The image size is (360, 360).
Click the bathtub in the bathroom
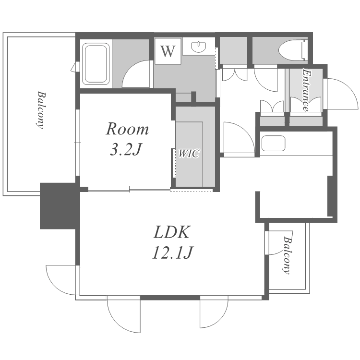(x=96, y=64)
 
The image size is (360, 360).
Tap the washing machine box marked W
(x=168, y=51)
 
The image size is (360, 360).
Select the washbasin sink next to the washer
(x=198, y=47)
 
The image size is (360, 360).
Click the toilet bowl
(x=289, y=51)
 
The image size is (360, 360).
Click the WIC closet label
(x=189, y=154)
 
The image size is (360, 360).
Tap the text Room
(x=127, y=129)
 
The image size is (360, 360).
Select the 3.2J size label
(x=125, y=149)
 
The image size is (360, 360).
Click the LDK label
(x=172, y=232)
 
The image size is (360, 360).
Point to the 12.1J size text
(x=173, y=252)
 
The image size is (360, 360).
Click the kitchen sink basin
(x=273, y=144)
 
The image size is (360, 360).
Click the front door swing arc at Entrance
(x=342, y=94)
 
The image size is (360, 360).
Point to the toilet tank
(x=304, y=51)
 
